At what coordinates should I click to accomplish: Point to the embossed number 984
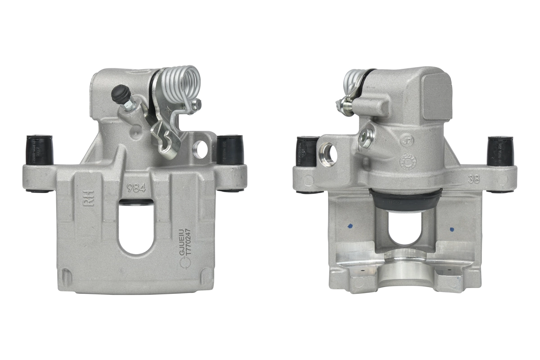(136, 188)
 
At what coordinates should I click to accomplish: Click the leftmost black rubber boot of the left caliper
(40, 150)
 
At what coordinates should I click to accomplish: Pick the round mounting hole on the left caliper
(200, 149)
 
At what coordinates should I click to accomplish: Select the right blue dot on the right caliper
(451, 229)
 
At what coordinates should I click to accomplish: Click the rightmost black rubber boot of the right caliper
(500, 150)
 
